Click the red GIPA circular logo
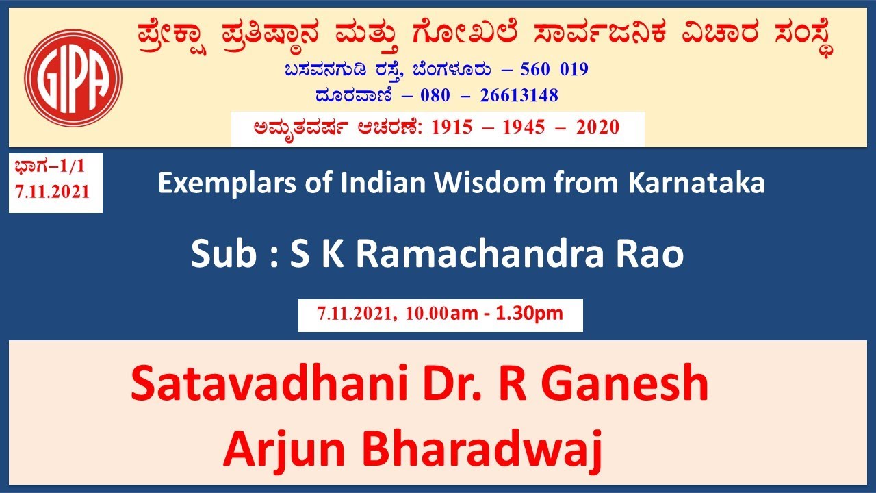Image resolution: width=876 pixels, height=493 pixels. point(73,77)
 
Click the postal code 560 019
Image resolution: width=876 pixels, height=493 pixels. point(554,70)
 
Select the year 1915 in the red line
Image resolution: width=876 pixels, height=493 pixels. point(452,127)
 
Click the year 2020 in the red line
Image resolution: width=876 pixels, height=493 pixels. point(597,127)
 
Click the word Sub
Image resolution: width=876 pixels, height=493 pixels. point(221,254)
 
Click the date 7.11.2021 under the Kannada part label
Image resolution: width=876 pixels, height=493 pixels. point(53,192)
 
